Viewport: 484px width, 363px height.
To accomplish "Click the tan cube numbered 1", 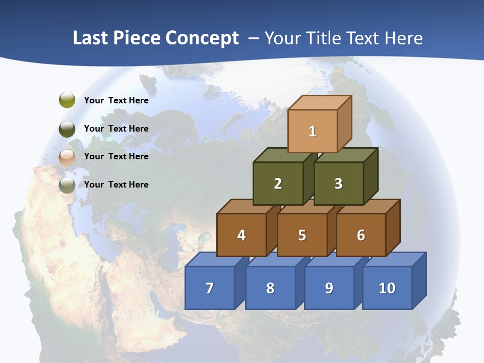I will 313,131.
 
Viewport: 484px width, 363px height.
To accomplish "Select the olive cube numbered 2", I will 278,184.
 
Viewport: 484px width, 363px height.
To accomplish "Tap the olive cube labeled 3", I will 338,184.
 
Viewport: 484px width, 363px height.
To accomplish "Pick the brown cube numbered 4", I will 241,235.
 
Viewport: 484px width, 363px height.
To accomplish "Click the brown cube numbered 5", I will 302,235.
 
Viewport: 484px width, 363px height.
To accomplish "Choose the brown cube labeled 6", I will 361,235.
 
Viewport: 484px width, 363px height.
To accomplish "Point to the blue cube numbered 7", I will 210,288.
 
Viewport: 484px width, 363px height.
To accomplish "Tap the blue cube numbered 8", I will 270,288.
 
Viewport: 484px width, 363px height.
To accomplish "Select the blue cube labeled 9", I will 329,288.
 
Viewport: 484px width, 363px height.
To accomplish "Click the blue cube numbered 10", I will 387,288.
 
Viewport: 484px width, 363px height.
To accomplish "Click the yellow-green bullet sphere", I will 67,100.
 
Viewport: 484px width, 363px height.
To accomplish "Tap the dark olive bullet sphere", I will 67,129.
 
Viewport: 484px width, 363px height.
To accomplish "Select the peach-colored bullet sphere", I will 67,157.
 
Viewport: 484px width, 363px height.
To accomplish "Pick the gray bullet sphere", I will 67,185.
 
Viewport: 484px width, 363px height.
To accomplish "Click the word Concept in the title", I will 202,38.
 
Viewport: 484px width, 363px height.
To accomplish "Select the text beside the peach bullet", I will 116,156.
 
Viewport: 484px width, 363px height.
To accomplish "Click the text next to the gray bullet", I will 116,185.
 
